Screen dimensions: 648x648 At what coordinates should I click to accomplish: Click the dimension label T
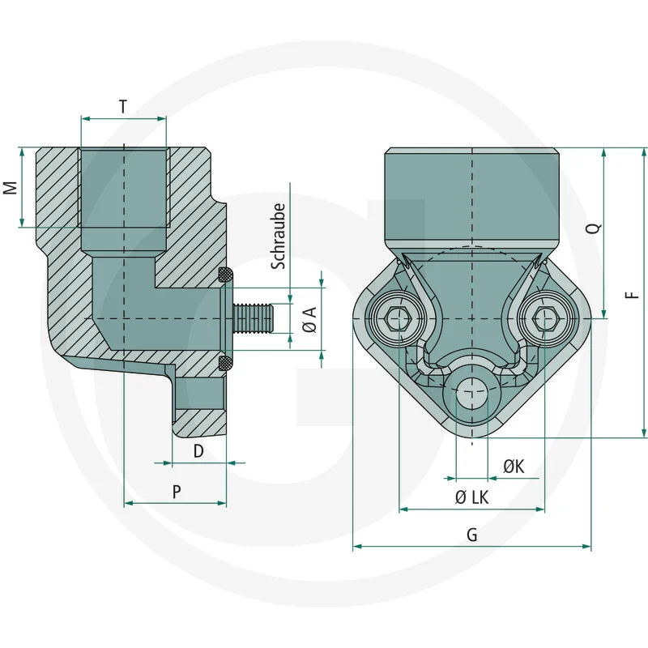122,106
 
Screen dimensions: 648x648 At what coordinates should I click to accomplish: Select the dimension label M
10,188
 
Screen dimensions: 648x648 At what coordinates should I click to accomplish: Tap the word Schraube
278,236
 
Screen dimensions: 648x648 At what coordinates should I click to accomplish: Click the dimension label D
198,450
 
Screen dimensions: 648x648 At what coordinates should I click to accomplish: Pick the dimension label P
175,491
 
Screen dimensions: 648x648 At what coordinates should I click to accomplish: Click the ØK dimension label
514,467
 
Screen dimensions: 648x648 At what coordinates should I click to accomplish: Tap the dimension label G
472,535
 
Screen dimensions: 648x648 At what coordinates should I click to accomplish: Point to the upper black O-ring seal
227,275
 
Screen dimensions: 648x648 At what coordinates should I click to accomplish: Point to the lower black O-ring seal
227,360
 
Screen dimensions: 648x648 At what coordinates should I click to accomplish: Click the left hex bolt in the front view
399,318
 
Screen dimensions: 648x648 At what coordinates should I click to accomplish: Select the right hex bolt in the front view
545,318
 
